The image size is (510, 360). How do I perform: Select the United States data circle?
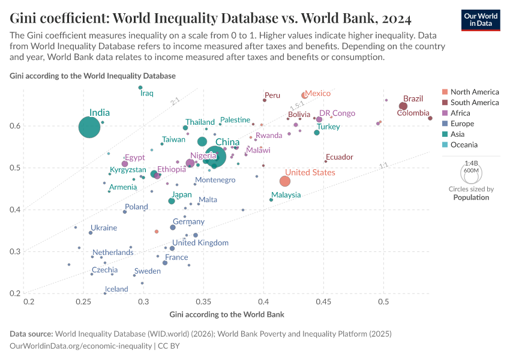pos(285,181)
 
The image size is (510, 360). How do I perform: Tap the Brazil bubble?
pos(403,106)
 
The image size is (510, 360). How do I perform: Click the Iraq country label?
pos(147,94)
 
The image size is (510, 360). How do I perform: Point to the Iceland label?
pos(116,289)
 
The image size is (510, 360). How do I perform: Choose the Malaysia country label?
pos(286,196)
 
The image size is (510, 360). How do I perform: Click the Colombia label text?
pos(413,113)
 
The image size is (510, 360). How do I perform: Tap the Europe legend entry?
pos(462,124)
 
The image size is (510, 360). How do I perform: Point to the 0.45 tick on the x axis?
pos(323,301)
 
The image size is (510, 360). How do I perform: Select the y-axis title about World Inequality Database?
pos(93,76)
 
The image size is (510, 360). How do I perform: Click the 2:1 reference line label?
pos(175,102)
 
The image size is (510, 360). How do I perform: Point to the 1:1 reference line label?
pos(384,166)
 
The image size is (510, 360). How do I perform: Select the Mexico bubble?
pos(304,95)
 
